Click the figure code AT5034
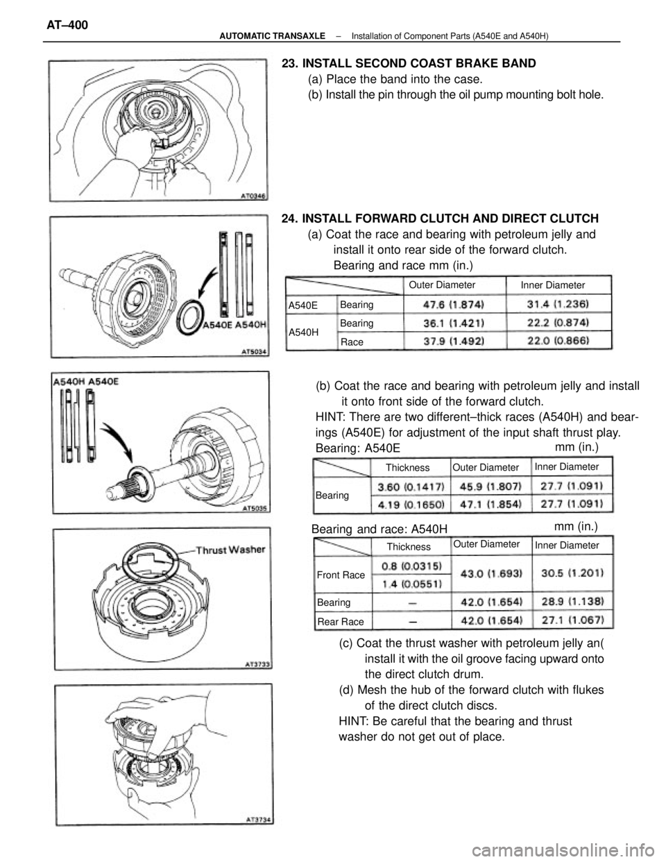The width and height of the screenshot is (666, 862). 254,352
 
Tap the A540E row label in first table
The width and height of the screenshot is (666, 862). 303,305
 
